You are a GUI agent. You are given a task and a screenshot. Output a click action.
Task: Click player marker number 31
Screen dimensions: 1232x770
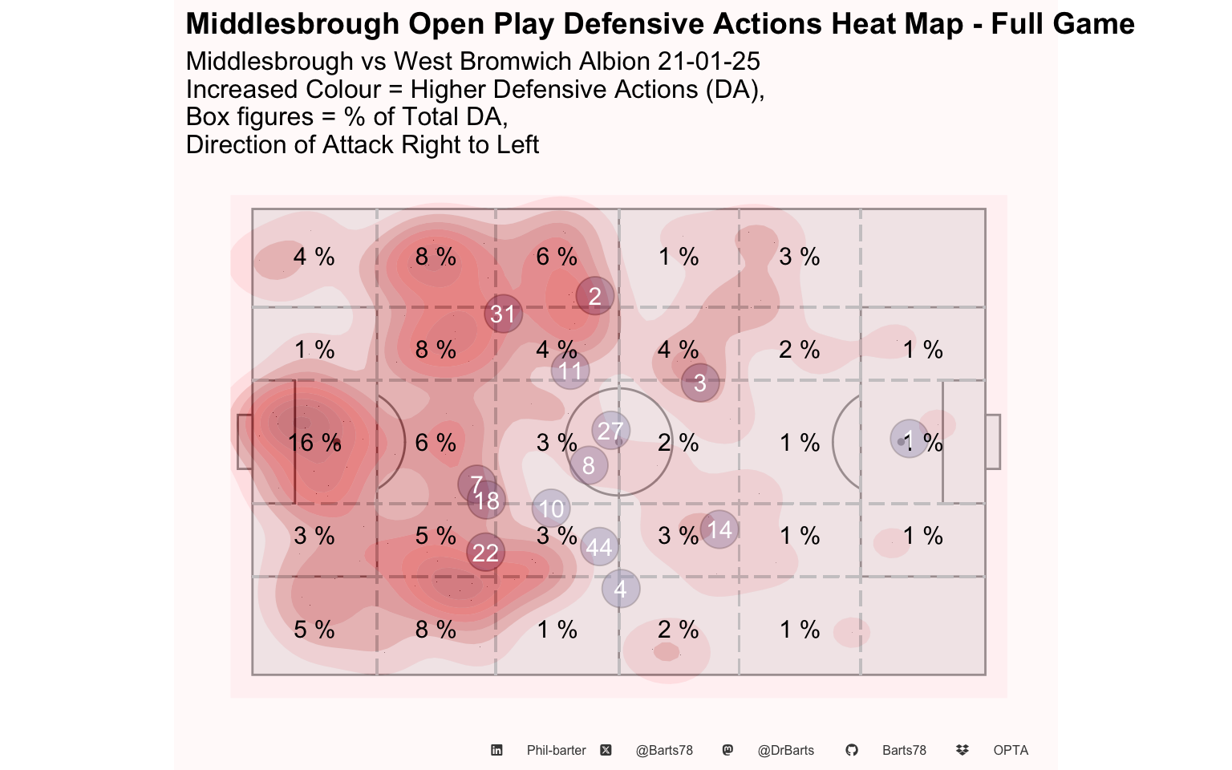pyautogui.click(x=503, y=314)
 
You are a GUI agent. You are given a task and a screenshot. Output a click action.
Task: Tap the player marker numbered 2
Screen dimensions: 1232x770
pyautogui.click(x=594, y=296)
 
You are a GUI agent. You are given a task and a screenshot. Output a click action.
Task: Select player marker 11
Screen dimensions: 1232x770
pyautogui.click(x=570, y=371)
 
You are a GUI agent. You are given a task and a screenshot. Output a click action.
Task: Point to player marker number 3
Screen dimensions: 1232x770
pyautogui.click(x=700, y=383)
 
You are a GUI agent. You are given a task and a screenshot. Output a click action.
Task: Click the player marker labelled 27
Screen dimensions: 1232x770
pyautogui.click(x=610, y=431)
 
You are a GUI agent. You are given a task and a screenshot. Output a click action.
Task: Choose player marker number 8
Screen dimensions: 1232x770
pyautogui.click(x=589, y=465)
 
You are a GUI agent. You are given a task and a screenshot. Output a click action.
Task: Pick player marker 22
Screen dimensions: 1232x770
pyautogui.click(x=485, y=552)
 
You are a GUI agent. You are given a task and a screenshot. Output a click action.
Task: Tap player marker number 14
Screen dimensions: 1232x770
pyautogui.click(x=719, y=529)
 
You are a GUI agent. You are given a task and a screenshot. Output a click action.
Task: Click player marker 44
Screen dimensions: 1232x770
pyautogui.click(x=599, y=547)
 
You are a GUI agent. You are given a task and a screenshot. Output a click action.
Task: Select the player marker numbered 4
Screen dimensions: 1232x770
pyautogui.click(x=620, y=589)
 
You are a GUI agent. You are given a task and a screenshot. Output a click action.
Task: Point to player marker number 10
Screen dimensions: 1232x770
pyautogui.click(x=551, y=509)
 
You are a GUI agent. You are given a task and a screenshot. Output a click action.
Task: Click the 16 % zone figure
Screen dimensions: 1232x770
pyautogui.click(x=314, y=442)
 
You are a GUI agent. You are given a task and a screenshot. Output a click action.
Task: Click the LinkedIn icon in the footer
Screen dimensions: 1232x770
pyautogui.click(x=496, y=750)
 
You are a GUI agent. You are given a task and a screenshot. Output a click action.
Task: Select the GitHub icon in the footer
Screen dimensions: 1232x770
pyautogui.click(x=851, y=750)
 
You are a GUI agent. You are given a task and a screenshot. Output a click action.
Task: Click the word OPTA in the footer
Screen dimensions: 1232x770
pyautogui.click(x=1011, y=750)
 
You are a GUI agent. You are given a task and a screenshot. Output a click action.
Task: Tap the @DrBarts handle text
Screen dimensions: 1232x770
pyautogui.click(x=785, y=750)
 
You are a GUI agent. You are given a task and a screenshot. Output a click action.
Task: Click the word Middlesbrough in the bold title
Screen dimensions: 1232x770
pyautogui.click(x=293, y=23)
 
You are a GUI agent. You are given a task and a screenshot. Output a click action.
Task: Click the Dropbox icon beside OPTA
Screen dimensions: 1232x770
pyautogui.click(x=962, y=750)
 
